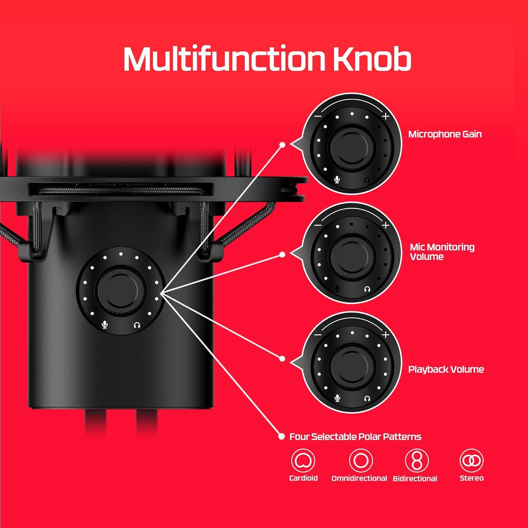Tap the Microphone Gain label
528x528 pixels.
click(x=445, y=134)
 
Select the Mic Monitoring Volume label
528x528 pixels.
click(x=442, y=252)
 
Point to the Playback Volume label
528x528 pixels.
click(x=446, y=369)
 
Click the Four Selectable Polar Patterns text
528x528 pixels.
click(x=355, y=437)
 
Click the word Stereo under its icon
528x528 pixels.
click(x=471, y=478)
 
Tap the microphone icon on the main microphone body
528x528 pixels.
click(x=105, y=325)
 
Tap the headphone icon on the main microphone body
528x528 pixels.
click(x=137, y=325)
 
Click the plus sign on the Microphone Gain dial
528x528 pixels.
click(x=386, y=116)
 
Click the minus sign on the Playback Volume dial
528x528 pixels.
click(x=318, y=335)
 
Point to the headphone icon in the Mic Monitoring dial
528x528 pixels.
click(x=367, y=289)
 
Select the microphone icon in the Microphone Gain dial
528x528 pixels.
click(x=337, y=180)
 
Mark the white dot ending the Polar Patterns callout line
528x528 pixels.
click(x=281, y=436)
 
